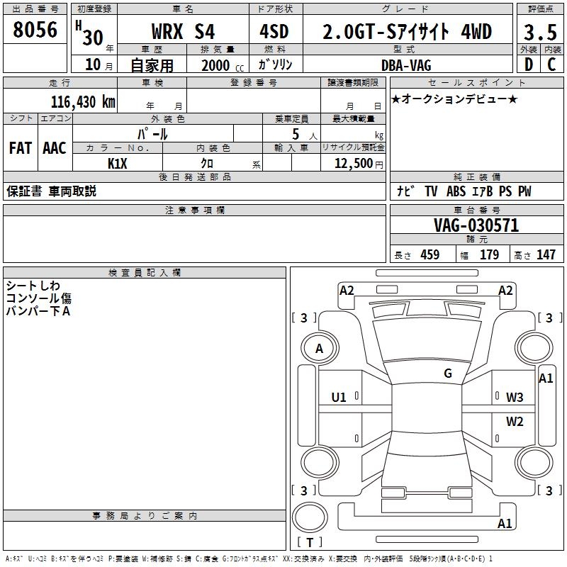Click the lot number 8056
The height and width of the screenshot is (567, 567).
coord(35,30)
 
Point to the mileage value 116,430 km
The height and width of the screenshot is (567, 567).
coord(83,101)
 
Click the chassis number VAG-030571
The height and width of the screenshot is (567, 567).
coord(476,225)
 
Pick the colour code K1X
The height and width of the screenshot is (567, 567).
coord(117,163)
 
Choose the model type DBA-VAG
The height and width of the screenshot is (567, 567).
coord(406,64)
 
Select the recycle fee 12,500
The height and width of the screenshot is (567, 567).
coord(352,163)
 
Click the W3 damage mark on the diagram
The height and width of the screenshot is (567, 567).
coord(515,397)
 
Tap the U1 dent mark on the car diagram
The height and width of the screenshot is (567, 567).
coord(339,397)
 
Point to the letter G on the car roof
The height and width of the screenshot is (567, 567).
coord(448,374)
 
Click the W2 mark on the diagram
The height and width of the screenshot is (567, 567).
coord(515,422)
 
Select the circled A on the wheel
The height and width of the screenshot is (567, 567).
coord(320,348)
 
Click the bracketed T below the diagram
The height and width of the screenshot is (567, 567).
coord(310,543)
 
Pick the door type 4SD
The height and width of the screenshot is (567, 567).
coord(275,32)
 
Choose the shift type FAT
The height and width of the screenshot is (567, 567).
coord(20,148)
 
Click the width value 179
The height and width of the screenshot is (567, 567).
coord(490,255)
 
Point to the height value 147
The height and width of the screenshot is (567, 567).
coord(546,255)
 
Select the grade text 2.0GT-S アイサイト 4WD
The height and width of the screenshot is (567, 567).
coord(407,32)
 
